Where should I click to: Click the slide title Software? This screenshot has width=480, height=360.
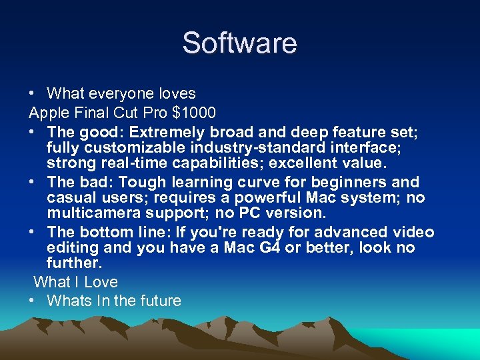tap(239, 43)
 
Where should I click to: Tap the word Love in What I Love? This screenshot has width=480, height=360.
tap(101, 282)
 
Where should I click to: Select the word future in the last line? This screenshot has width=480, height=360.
tap(159, 301)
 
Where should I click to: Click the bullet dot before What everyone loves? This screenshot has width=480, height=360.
tap(33, 93)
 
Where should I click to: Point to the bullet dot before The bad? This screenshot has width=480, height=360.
tap(33, 182)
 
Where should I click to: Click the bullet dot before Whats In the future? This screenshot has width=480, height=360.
tap(33, 301)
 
